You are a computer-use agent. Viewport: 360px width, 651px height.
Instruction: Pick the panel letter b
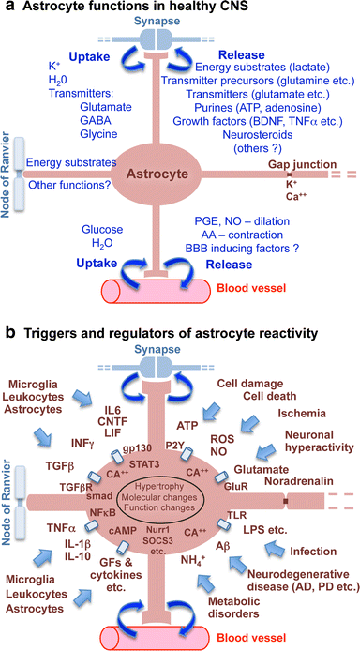tap(9, 333)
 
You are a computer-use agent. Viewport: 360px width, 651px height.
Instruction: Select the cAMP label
tap(127, 504)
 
